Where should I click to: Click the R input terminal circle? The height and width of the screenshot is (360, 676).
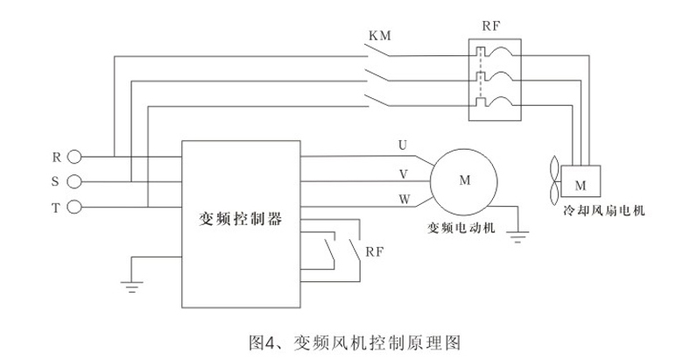coord(74,157)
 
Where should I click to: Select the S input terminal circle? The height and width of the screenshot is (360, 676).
coord(74,181)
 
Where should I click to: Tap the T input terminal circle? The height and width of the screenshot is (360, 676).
coord(74,207)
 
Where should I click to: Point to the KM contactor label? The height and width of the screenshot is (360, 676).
coord(380,36)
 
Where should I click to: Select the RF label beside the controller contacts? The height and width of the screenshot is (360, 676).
coord(375,251)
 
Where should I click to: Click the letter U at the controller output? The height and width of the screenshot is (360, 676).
coord(402,145)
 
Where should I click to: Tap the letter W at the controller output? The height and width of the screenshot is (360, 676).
coord(404,200)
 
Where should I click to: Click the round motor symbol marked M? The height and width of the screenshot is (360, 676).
coord(464,180)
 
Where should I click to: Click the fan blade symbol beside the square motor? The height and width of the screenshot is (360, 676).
coord(554,180)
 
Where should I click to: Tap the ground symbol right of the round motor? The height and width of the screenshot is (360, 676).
coord(518,233)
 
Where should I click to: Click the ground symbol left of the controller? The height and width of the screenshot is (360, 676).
coord(130,282)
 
